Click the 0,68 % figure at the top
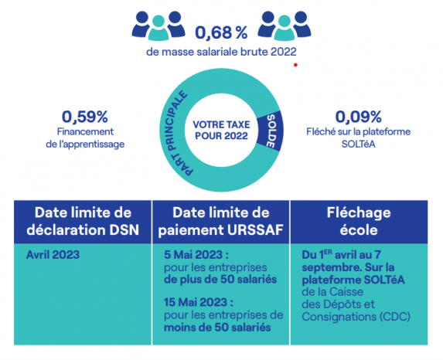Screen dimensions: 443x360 (221, 32)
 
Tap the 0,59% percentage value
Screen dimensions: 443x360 (85, 117)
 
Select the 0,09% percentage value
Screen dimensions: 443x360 (358, 117)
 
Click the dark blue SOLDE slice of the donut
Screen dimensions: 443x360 (271, 131)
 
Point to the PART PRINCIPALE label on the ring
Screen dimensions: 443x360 (173, 133)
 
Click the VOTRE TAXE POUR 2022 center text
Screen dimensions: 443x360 (221, 130)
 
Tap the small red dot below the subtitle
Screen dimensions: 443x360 (295, 65)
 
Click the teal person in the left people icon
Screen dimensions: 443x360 (158, 29)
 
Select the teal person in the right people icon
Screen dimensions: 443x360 (285, 29)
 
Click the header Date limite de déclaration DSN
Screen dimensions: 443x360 (83, 222)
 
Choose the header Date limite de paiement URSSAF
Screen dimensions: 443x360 (221, 222)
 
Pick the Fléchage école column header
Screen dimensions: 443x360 (359, 222)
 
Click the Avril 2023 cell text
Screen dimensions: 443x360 (53, 255)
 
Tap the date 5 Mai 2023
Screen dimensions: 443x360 (196, 255)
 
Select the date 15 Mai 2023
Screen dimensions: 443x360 (199, 302)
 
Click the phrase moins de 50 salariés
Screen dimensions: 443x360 (217, 328)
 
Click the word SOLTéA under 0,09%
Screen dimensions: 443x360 (358, 144)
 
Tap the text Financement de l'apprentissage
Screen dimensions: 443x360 (85, 138)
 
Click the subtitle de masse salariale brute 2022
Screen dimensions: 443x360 (221, 52)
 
